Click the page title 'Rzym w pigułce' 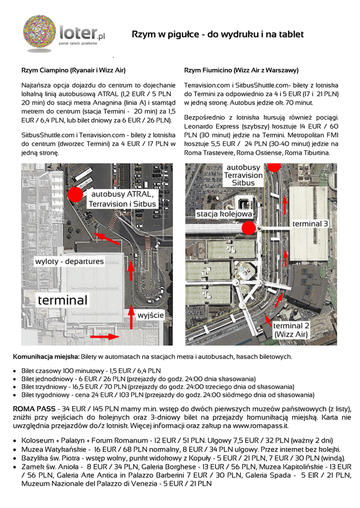click(217, 34)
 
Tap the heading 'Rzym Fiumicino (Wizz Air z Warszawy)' click(241, 70)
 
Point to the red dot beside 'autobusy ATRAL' click(75, 194)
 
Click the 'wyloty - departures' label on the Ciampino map click(70, 261)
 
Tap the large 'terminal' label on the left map click(63, 300)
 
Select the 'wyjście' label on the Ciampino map click(150, 315)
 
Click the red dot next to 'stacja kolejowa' click(248, 228)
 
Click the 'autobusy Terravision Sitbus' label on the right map click(243, 175)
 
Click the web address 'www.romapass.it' click(261, 426)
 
